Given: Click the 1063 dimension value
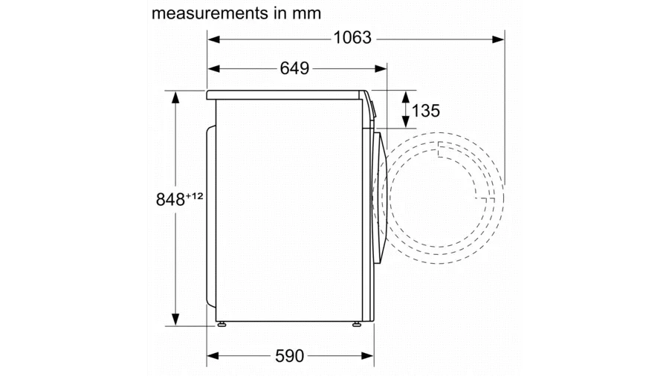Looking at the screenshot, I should tap(352, 37).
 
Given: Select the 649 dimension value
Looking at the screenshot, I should tap(294, 68).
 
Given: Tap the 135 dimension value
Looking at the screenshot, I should tap(425, 111).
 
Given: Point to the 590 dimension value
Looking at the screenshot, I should tap(290, 356).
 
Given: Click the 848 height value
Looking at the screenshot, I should tap(170, 199).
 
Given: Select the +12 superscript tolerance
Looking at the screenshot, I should tap(195, 195).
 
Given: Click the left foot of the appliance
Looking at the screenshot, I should tap(222, 325).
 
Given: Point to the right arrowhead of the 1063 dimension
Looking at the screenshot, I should tap(499, 37).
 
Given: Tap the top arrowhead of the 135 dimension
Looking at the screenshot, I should tap(406, 95).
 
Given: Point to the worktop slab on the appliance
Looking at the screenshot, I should tap(286, 94).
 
